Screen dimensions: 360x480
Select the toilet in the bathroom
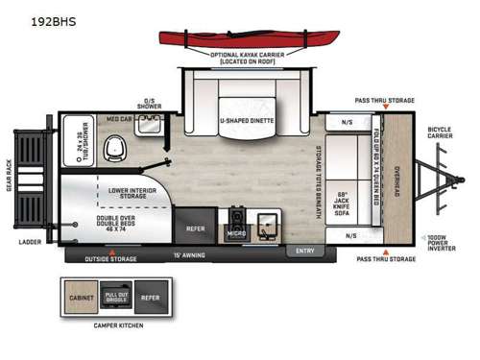point(116,146)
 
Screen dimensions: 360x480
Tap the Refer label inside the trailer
point(195,228)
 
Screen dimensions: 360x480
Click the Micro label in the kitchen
point(233,232)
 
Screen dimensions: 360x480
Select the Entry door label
point(304,251)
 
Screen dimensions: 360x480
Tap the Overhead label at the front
point(398,180)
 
